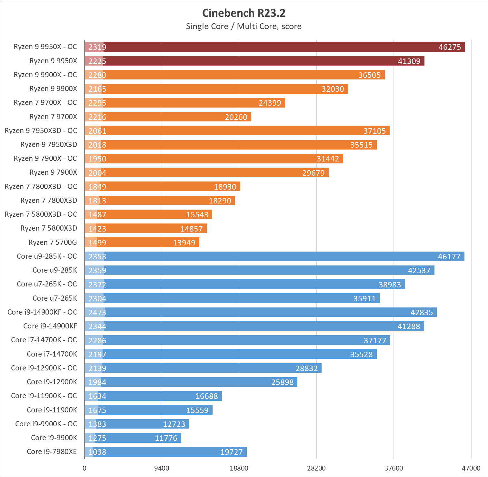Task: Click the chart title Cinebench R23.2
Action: pyautogui.click(x=244, y=13)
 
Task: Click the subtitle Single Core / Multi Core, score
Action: pyautogui.click(x=244, y=26)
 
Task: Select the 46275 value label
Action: pyautogui.click(x=450, y=47)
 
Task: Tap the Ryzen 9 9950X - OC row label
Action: pyautogui.click(x=45, y=47)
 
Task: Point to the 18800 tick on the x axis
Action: pyautogui.click(x=239, y=468)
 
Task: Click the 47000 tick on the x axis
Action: pyautogui.click(x=471, y=468)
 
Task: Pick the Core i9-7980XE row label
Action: pyautogui.click(x=52, y=451)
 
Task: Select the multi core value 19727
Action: pyautogui.click(x=231, y=452)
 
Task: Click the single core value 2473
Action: pyautogui.click(x=97, y=312)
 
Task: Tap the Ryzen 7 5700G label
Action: pyautogui.click(x=53, y=242)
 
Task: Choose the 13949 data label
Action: pyautogui.click(x=184, y=243)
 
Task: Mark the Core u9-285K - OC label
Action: pyautogui.click(x=47, y=256)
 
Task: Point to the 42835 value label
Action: pyautogui.click(x=422, y=312)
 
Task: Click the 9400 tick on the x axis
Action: pyautogui.click(x=162, y=468)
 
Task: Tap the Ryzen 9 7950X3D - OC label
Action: pyautogui.click(x=41, y=130)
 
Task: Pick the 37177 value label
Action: pyautogui.click(x=375, y=340)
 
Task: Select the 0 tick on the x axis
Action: pyautogui.click(x=85, y=468)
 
